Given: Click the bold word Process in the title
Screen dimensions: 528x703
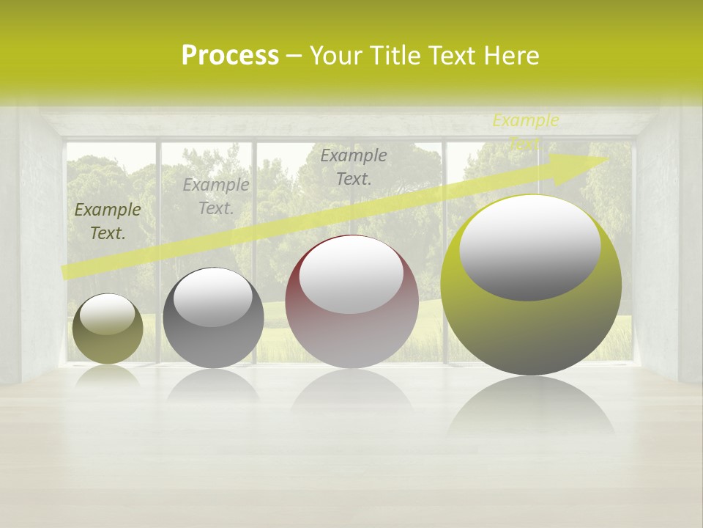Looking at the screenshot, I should tap(230, 56).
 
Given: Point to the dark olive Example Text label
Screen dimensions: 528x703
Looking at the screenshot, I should tap(108, 221).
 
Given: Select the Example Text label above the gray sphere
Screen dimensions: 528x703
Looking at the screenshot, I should tap(216, 196).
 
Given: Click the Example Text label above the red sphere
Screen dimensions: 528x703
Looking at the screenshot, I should tap(354, 166).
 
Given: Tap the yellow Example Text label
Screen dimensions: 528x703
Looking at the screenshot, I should tap(525, 131).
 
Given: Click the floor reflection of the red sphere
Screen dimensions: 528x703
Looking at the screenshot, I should tap(351, 389).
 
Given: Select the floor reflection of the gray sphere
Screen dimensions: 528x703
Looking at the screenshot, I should tap(213, 384).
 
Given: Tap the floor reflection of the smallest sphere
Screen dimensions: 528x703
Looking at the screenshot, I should tap(108, 375).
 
